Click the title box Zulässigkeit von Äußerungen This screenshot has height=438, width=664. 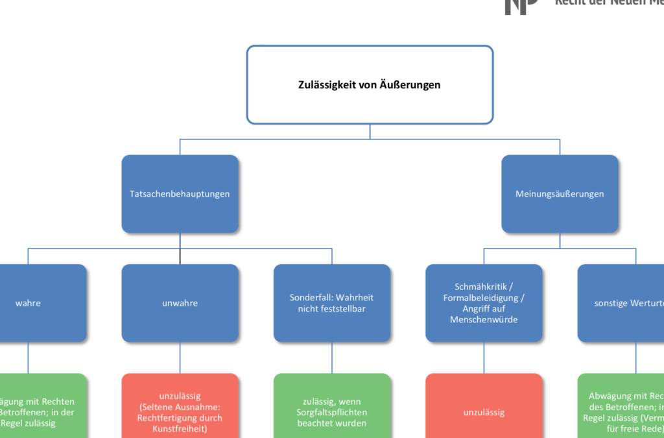370,84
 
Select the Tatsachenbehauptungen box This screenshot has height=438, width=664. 180,193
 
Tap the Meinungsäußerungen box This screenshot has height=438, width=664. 560,193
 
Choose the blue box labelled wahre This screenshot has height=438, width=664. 39,303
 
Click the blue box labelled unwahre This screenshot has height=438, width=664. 180,303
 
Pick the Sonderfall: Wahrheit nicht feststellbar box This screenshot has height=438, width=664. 331,303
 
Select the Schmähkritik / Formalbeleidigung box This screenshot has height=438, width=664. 484,303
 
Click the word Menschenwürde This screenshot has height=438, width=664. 484,319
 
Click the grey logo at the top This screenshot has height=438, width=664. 521,5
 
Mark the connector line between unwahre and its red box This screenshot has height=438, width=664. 180,358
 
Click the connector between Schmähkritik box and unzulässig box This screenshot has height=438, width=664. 484,358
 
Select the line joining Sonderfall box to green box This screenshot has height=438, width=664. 331,358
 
